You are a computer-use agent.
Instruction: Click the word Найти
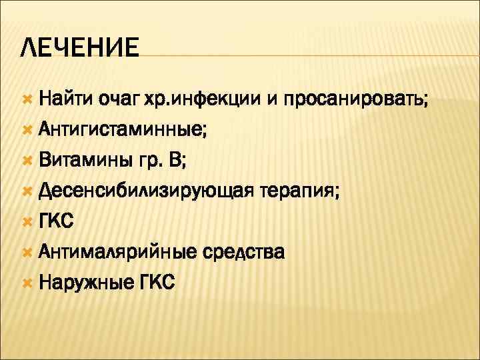[x=65, y=100]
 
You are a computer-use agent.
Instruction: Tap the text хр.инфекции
[x=208, y=100]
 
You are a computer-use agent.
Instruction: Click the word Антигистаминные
[x=122, y=131]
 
